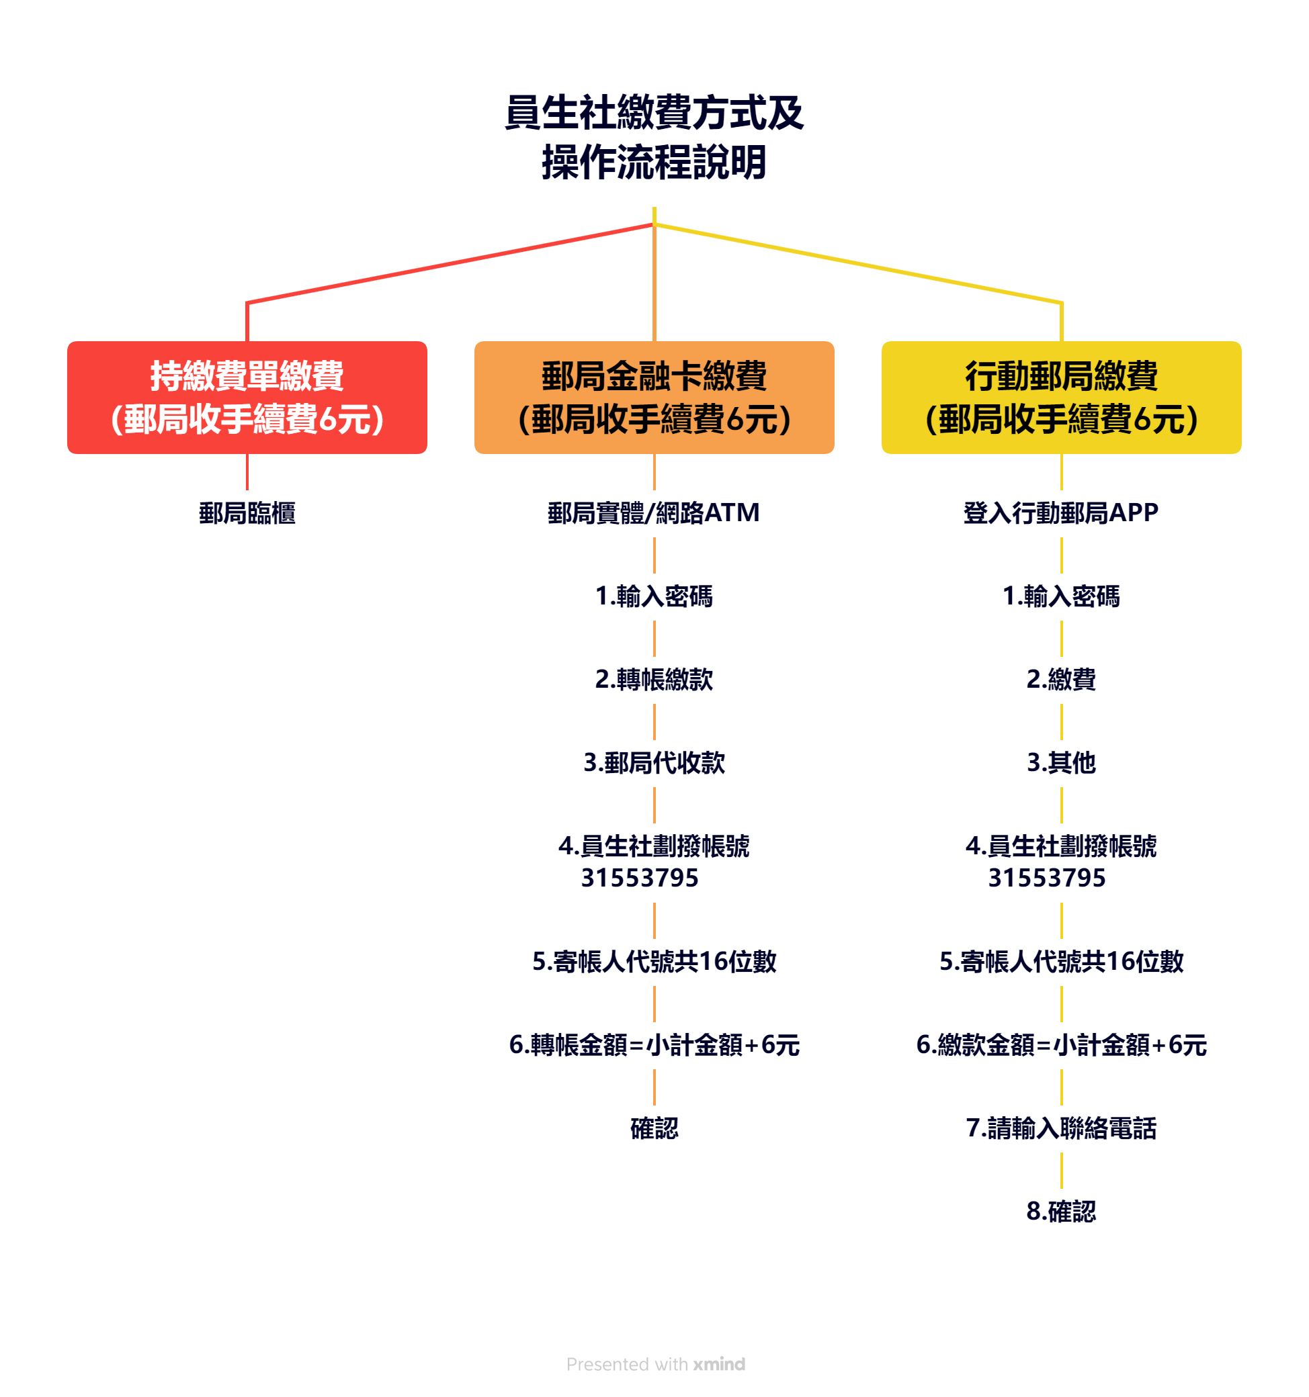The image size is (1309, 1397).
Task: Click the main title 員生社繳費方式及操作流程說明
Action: [x=654, y=137]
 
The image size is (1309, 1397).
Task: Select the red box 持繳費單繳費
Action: [x=247, y=397]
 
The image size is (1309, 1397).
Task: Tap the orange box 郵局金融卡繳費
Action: [x=654, y=397]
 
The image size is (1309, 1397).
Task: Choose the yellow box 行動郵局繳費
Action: [x=1061, y=397]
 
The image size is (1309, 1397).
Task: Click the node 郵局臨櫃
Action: [x=247, y=513]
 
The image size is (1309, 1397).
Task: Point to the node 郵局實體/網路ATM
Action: [x=654, y=513]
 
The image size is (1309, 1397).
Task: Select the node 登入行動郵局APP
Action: [x=1061, y=513]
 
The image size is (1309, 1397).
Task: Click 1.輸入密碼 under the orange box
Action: [x=654, y=596]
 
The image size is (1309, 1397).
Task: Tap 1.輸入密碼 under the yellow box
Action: [x=1061, y=596]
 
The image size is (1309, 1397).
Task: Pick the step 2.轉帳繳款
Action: [x=654, y=680]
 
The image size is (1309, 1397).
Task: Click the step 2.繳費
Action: [x=1061, y=680]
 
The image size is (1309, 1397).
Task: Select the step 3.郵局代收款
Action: [x=654, y=762]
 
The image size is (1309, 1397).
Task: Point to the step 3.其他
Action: [x=1061, y=762]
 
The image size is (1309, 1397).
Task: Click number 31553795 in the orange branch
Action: [x=640, y=878]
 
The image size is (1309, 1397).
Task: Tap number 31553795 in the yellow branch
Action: [x=1047, y=878]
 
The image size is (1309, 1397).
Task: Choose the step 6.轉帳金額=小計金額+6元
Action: [x=654, y=1045]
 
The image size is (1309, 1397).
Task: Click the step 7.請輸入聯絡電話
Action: [x=1061, y=1128]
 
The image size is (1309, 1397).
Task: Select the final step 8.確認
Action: [x=1061, y=1212]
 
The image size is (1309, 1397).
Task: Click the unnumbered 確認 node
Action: [x=654, y=1128]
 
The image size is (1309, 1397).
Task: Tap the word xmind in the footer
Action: [x=718, y=1364]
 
